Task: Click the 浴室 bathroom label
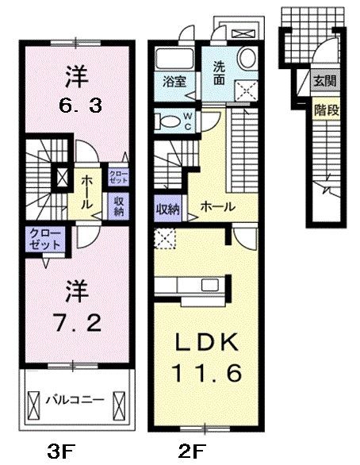tap(174, 81)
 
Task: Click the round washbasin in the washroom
tap(247, 58)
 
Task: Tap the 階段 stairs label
tap(326, 110)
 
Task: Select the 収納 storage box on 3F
tap(117, 206)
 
